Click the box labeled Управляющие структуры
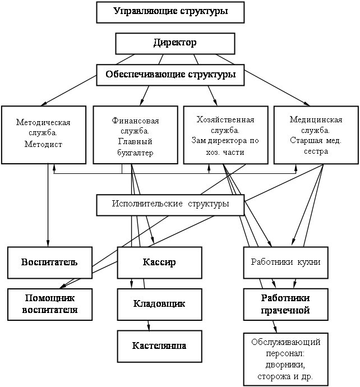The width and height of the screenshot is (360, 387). [170, 12]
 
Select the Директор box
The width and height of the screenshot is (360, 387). [175, 43]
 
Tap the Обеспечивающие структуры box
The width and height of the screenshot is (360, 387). [170, 75]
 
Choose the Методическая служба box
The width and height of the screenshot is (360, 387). [44, 135]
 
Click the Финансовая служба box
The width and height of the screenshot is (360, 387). [136, 135]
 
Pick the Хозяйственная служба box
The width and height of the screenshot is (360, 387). [226, 135]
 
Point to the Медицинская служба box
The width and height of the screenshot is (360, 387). [316, 135]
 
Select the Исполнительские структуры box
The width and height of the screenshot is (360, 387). [170, 205]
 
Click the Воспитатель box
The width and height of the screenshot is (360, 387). [50, 262]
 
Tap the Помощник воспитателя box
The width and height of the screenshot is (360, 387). [50, 305]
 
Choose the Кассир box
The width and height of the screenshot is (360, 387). [160, 262]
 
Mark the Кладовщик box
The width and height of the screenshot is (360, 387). [160, 305]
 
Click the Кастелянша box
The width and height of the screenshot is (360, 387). [160, 346]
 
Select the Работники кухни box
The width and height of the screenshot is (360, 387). [286, 262]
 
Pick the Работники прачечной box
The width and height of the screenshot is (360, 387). [286, 305]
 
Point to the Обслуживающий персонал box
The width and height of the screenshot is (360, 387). [286, 360]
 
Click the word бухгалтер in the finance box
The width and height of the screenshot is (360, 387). [135, 153]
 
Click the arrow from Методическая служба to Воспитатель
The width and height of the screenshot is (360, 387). [48, 205]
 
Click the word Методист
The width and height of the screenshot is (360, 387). [43, 144]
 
